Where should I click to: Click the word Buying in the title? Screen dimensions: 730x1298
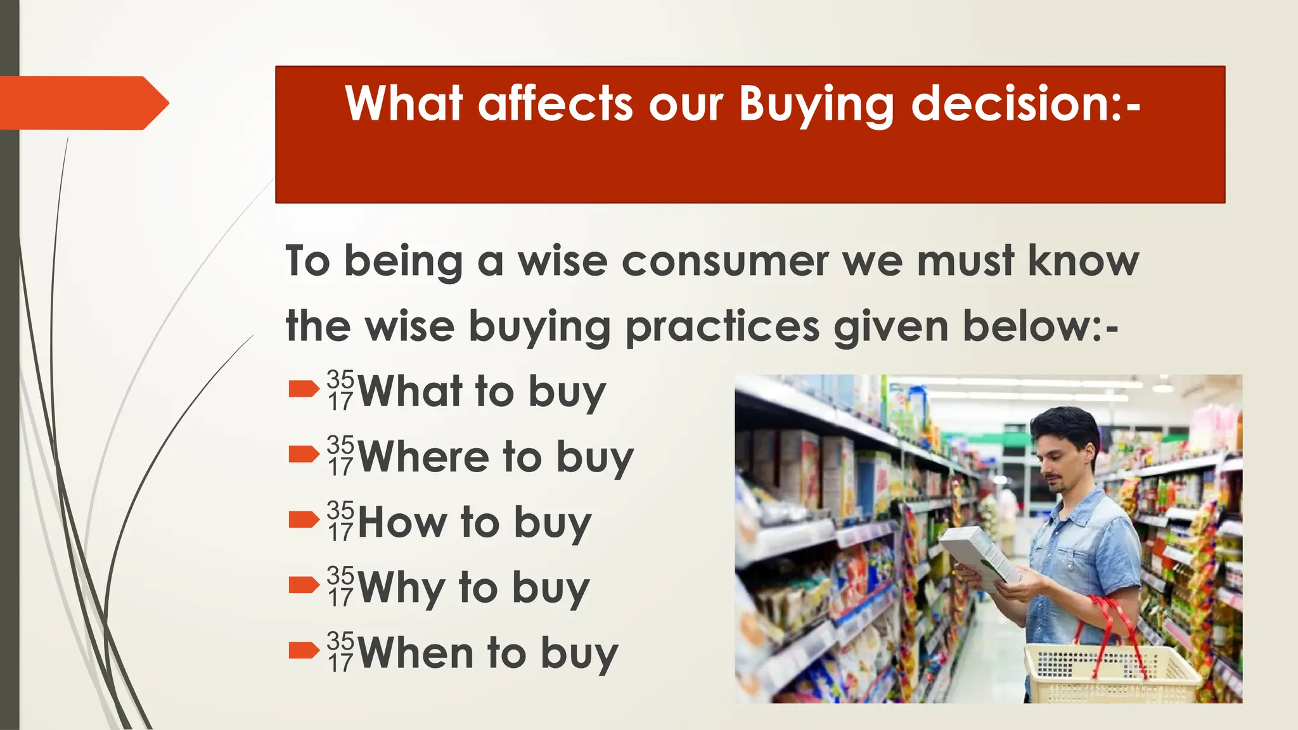[x=816, y=104]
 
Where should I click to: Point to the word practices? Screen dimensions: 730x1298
[x=723, y=328]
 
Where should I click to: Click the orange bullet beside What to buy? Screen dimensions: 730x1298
[x=304, y=389]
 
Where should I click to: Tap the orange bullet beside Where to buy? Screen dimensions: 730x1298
[x=304, y=454]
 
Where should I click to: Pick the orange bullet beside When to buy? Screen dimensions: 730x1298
[x=304, y=651]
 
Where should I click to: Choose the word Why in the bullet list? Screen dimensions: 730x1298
[x=401, y=588]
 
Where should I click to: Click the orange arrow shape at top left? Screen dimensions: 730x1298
[x=82, y=103]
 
